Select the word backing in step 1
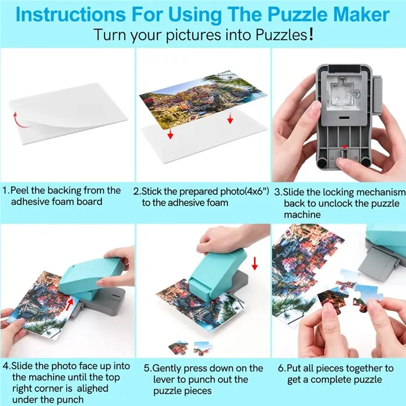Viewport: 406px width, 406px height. pyautogui.click(x=64, y=191)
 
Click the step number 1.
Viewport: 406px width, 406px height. pyautogui.click(x=5, y=191)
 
